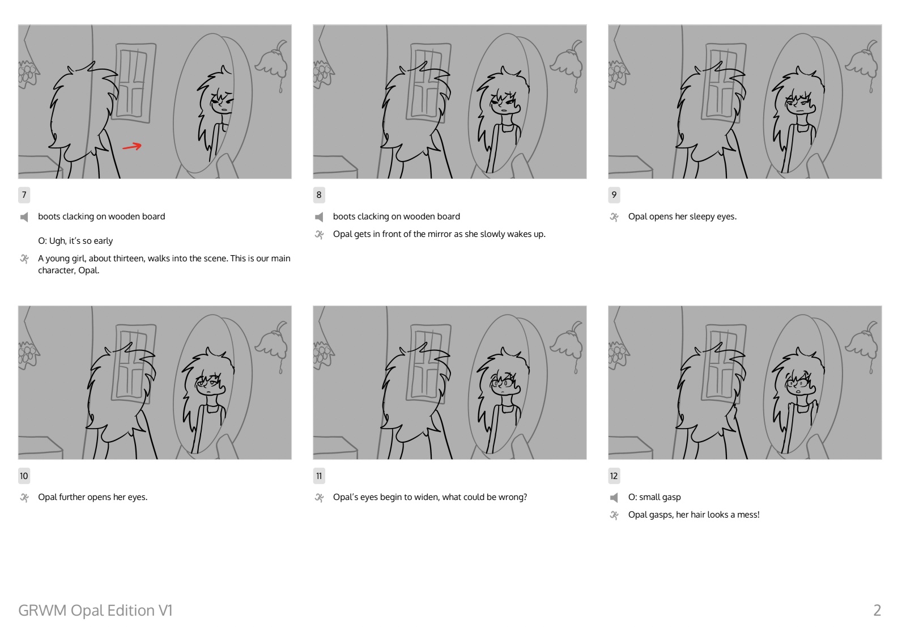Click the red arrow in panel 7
tap(132, 147)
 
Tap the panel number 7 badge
tap(24, 195)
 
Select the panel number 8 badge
tap(319, 195)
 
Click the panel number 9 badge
tap(614, 195)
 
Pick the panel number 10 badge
tap(24, 476)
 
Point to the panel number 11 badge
tap(319, 476)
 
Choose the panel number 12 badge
tap(614, 476)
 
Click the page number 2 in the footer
tap(877, 610)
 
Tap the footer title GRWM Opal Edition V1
tap(95, 610)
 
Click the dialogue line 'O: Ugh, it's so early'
tap(75, 241)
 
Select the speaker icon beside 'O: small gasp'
tap(614, 498)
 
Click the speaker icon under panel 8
tap(319, 217)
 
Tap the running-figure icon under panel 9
tap(614, 217)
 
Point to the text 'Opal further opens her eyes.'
tap(92, 497)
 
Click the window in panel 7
tap(134, 82)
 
